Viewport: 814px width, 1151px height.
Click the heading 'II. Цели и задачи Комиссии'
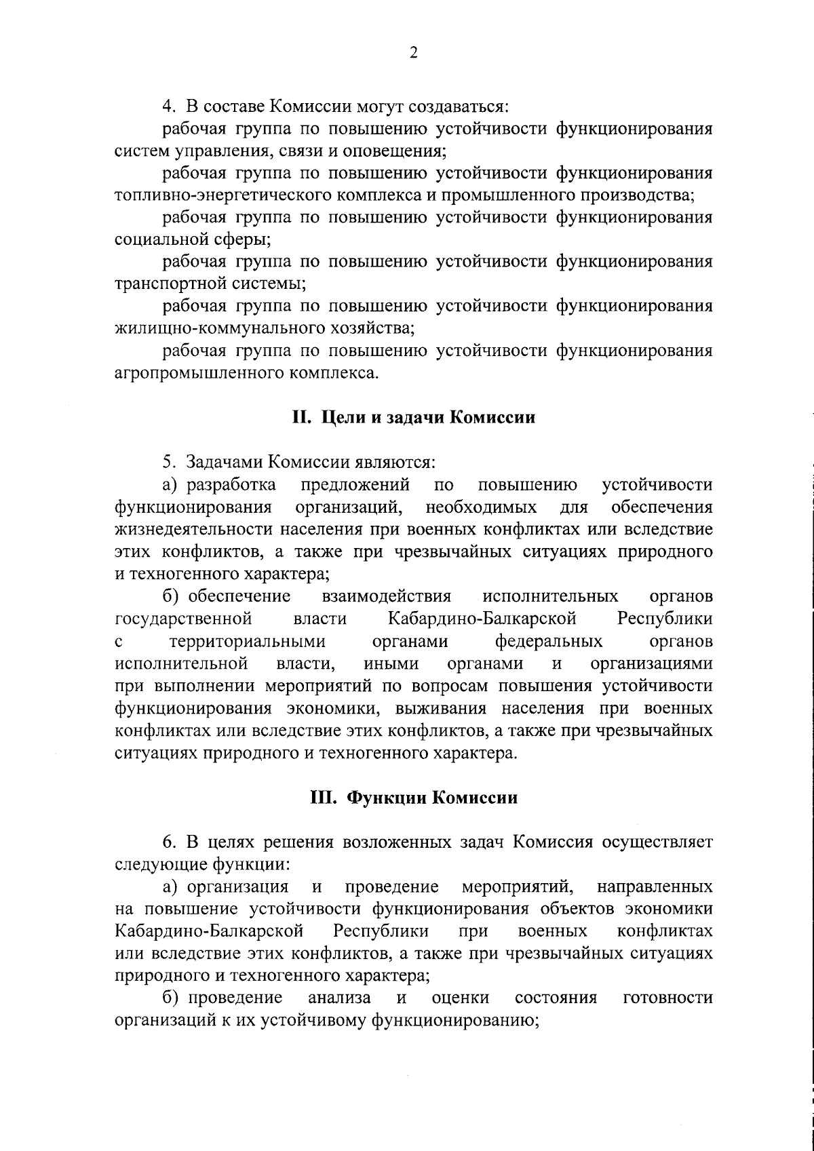[x=414, y=418]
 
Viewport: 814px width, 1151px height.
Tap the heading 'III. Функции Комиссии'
[x=414, y=798]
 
